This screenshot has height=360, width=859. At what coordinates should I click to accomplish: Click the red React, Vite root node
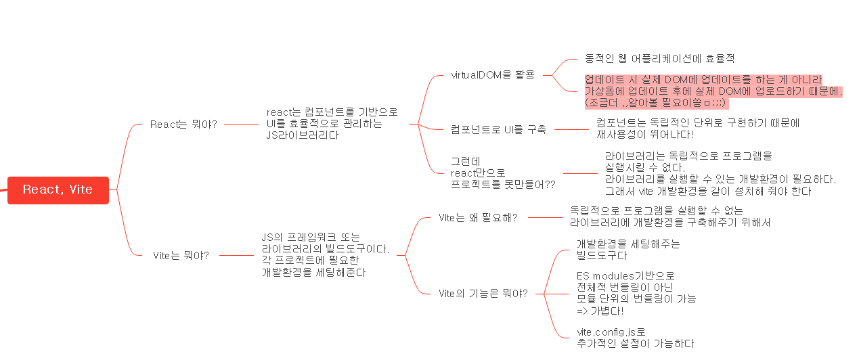click(x=58, y=190)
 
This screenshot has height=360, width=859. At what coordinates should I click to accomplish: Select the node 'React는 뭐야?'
click(x=183, y=125)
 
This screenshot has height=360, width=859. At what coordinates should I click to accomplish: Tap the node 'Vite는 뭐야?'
click(x=181, y=256)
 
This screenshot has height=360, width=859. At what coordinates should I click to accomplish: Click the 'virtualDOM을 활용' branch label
click(x=492, y=75)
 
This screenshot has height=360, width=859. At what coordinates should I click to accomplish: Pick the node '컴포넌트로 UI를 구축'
click(x=498, y=129)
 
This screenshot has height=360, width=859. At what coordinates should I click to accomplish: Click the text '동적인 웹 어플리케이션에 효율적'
click(x=659, y=59)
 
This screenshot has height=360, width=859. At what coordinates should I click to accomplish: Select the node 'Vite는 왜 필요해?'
click(x=478, y=218)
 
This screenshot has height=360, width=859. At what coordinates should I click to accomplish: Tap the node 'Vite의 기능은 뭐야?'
click(x=483, y=294)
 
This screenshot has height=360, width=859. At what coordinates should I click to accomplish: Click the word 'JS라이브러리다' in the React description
click(x=303, y=135)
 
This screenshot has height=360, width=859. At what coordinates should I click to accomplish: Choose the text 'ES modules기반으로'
click(x=625, y=276)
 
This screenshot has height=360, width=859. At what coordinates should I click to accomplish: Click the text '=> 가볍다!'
click(x=600, y=311)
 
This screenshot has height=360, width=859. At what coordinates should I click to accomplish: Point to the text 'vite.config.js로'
click(x=611, y=332)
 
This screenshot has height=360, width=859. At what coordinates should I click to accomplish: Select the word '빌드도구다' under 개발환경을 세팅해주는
click(x=602, y=256)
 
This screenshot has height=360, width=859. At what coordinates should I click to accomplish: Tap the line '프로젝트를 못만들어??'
click(x=502, y=185)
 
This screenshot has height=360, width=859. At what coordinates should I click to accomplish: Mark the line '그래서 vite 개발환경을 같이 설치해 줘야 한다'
click(x=707, y=192)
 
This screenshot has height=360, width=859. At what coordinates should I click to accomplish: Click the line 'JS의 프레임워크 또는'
click(x=311, y=238)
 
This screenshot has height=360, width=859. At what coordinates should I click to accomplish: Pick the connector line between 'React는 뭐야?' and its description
click(x=240, y=125)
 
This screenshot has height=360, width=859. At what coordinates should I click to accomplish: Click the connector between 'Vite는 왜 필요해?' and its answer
click(x=545, y=218)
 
